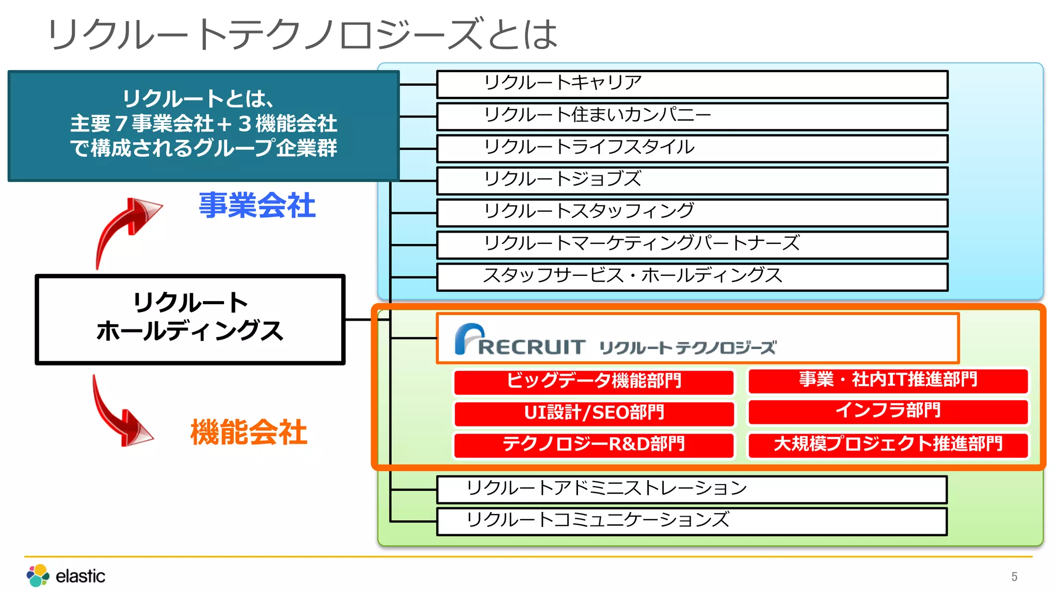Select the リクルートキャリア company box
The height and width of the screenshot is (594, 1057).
click(x=692, y=84)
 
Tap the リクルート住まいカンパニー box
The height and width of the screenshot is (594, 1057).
click(x=692, y=116)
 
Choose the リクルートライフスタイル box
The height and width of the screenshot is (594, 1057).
click(x=692, y=148)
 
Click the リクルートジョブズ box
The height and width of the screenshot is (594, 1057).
click(x=692, y=180)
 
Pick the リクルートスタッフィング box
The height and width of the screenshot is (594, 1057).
click(x=692, y=212)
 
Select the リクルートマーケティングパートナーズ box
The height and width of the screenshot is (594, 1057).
click(x=692, y=244)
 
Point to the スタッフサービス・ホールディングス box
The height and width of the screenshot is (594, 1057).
click(x=692, y=277)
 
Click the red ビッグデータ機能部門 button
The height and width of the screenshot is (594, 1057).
click(x=594, y=382)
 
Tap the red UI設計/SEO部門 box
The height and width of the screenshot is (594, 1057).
click(x=594, y=414)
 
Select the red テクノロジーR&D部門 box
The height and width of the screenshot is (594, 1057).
click(x=594, y=445)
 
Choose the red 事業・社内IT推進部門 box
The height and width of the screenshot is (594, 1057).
click(x=888, y=381)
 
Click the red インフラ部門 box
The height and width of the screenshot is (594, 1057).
click(x=888, y=412)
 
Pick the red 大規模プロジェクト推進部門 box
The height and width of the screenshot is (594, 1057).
click(x=888, y=445)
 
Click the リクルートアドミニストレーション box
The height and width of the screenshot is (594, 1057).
click(x=692, y=489)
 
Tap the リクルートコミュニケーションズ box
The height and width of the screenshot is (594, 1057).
click(x=692, y=521)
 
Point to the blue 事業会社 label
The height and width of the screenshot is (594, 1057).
click(x=257, y=205)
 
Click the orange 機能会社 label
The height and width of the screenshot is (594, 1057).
click(x=249, y=432)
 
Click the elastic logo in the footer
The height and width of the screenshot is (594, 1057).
click(x=66, y=575)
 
